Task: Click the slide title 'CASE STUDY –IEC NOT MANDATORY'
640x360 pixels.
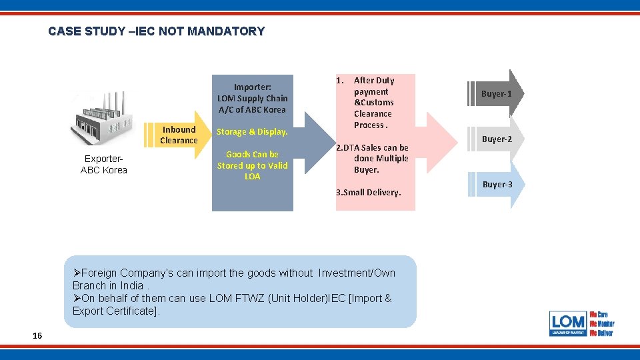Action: click(156, 31)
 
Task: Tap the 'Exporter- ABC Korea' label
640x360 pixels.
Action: click(103, 165)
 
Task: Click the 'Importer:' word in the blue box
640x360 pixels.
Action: click(252, 87)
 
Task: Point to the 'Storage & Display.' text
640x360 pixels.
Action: click(252, 132)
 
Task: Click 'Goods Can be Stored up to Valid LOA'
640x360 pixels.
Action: click(252, 165)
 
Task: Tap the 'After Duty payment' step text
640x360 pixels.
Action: click(373, 86)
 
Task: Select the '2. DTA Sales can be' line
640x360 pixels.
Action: click(372, 147)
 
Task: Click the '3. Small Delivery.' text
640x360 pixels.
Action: click(368, 193)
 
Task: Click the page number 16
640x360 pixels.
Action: click(37, 335)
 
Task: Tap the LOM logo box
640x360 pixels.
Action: click(568, 323)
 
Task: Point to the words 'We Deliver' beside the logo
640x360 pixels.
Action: click(601, 333)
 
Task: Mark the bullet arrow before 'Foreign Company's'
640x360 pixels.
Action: click(77, 273)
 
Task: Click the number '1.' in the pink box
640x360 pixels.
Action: click(340, 81)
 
